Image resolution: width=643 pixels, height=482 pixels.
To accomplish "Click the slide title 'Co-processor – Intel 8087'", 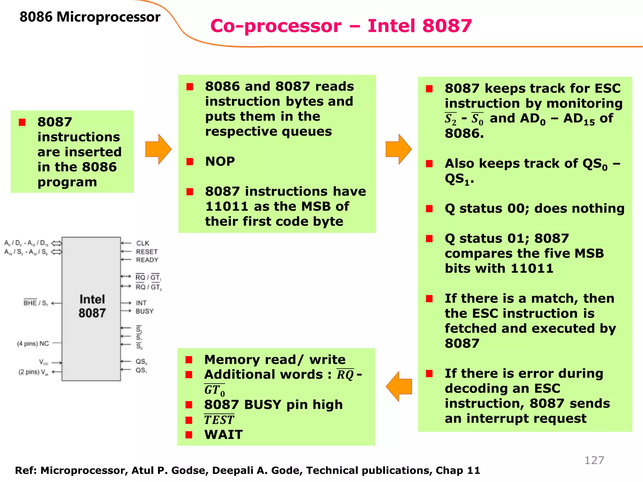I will pyautogui.click(x=341, y=26).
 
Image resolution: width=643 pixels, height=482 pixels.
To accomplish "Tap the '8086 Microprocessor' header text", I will pyautogui.click(x=90, y=17).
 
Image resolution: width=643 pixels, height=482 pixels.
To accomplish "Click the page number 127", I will pyautogui.click(x=594, y=460).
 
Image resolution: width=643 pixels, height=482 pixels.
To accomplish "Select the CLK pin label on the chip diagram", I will pyautogui.click(x=143, y=243).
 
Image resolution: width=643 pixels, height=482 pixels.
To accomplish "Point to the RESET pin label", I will pyautogui.click(x=147, y=252).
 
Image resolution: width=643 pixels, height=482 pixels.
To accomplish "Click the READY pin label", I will pyautogui.click(x=147, y=260).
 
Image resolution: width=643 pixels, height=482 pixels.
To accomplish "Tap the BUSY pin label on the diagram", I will pyautogui.click(x=144, y=311).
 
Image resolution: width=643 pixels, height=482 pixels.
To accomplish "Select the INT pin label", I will pyautogui.click(x=141, y=303).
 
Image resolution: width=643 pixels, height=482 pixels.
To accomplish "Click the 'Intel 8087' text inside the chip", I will pyautogui.click(x=92, y=306).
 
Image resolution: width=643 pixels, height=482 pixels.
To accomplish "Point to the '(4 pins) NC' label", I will pyautogui.click(x=33, y=344).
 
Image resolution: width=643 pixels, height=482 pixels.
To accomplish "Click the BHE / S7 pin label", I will pyautogui.click(x=35, y=303).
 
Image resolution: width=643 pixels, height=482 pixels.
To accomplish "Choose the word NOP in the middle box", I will pyautogui.click(x=220, y=162).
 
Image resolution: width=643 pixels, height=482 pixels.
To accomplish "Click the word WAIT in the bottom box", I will pyautogui.click(x=223, y=435).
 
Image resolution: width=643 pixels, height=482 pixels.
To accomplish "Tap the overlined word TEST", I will pyautogui.click(x=219, y=420).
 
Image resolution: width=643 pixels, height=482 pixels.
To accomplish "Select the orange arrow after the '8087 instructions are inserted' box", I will pyautogui.click(x=158, y=149).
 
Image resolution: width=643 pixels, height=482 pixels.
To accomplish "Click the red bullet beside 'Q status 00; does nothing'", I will pyautogui.click(x=429, y=209).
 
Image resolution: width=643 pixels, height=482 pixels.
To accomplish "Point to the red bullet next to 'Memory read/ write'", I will pyautogui.click(x=189, y=360).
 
